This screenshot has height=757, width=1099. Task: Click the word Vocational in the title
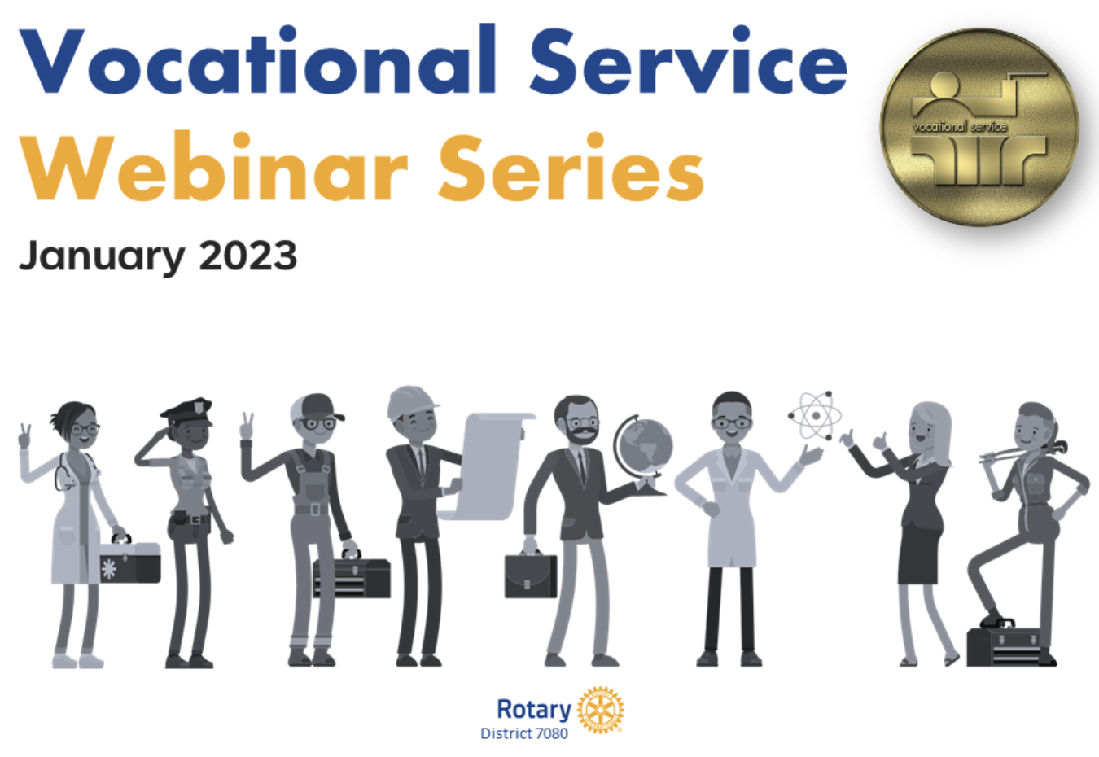point(256,61)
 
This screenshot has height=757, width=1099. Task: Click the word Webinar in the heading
point(213,168)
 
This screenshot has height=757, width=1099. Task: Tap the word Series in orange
point(571,168)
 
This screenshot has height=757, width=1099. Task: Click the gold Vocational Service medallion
point(979,128)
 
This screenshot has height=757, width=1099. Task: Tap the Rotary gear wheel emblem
point(600,709)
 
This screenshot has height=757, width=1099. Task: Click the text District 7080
point(524,733)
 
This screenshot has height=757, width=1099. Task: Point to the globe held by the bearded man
point(643,447)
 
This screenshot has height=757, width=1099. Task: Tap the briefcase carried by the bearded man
point(531,575)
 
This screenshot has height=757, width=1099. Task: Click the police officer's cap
point(187,409)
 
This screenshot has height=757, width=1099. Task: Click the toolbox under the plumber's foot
point(1005,645)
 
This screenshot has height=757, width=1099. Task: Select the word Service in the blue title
point(688,61)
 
